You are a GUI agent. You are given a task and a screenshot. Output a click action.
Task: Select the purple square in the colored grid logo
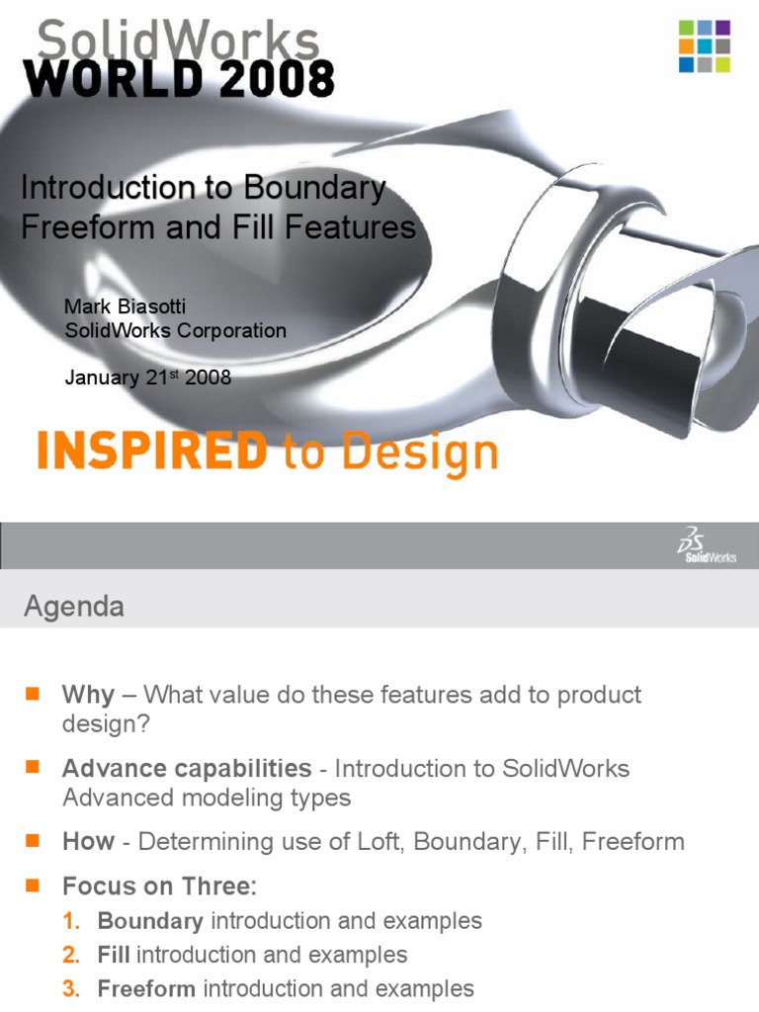click(722, 27)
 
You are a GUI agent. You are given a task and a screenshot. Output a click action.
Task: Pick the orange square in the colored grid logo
click(686, 45)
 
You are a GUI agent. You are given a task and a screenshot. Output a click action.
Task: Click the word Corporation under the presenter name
click(231, 330)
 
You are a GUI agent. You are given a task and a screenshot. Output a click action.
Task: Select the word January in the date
click(102, 377)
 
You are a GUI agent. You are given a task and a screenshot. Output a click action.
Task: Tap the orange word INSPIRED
click(152, 450)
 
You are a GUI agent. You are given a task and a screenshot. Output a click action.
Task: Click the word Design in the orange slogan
click(419, 453)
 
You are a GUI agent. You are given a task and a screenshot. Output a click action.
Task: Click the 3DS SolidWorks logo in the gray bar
click(708, 546)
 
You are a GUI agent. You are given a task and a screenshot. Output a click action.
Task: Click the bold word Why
click(88, 696)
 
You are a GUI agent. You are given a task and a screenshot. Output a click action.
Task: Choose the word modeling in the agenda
click(232, 799)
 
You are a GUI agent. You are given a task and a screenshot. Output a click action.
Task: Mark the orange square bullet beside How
click(33, 840)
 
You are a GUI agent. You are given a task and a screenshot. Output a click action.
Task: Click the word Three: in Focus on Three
click(219, 886)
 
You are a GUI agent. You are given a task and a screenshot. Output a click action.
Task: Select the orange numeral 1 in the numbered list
click(70, 921)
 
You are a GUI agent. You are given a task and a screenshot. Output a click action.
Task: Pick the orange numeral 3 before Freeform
click(70, 988)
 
